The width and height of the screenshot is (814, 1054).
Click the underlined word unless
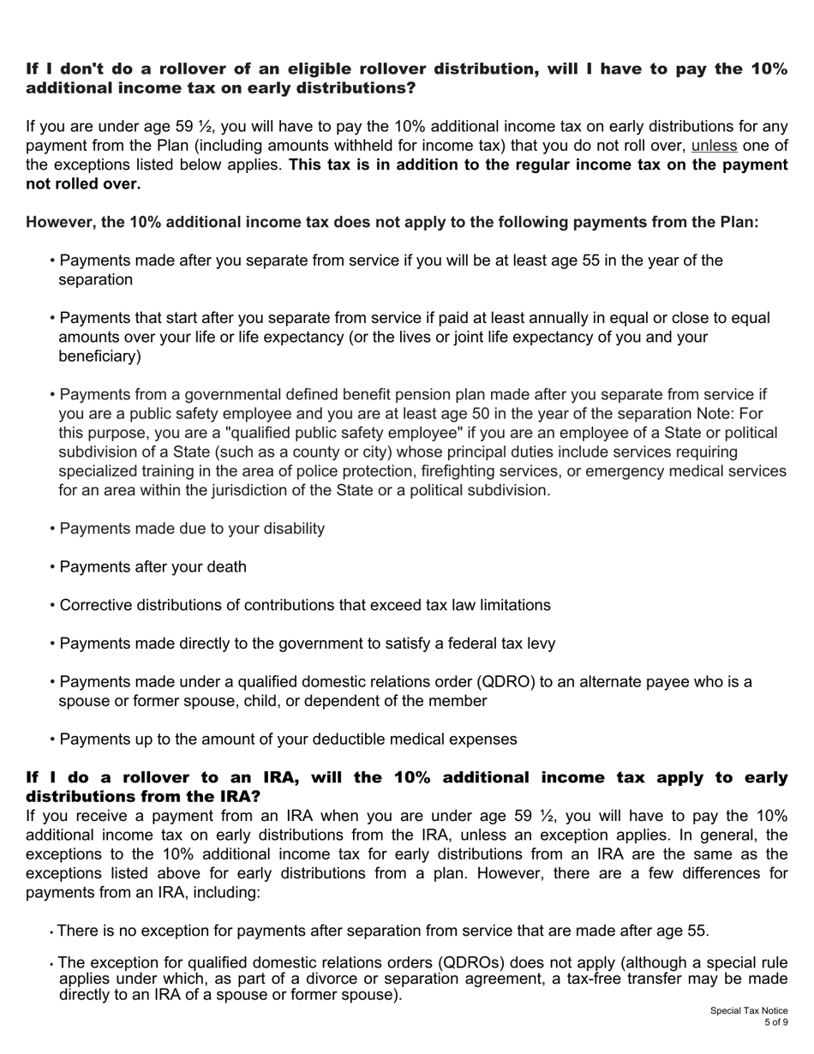[714, 146]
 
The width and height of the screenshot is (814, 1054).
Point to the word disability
[284, 529]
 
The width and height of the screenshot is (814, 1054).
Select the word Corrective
[96, 605]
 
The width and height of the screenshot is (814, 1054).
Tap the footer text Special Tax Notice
[748, 1011]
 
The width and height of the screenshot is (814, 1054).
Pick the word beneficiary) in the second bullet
[99, 356]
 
